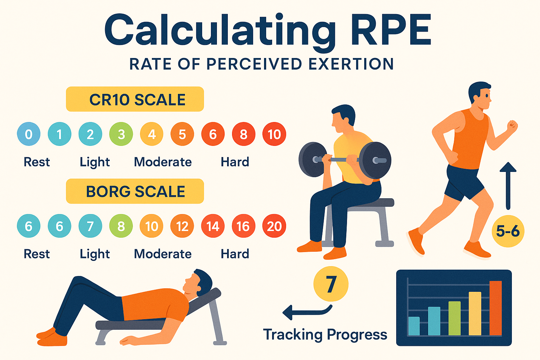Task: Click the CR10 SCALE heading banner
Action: coord(135,99)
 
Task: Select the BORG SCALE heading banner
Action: coord(135,191)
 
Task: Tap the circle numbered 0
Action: coord(28,134)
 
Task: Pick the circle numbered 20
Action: coord(274,226)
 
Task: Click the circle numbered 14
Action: coord(213,226)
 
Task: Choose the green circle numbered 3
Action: coord(121,134)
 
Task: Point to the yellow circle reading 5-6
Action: coord(508,231)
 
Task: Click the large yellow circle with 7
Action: coord(331,284)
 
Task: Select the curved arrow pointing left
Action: coord(306,311)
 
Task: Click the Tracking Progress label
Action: coord(325,334)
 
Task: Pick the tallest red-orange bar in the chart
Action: coord(496,308)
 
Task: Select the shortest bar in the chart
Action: coord(414,326)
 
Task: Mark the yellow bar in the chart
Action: coord(475,313)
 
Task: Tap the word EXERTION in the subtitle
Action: coord(351,64)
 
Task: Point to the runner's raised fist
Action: coord(512,126)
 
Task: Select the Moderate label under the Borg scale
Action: coord(163,254)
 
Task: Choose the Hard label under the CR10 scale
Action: coord(235,162)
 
